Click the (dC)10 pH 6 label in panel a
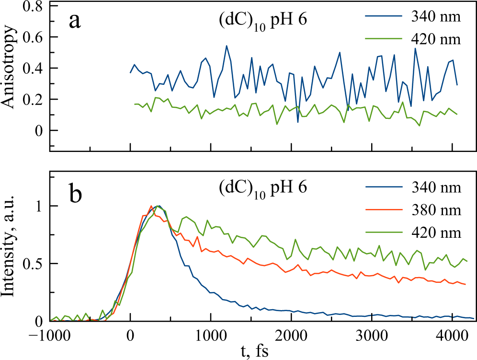click(x=260, y=23)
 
